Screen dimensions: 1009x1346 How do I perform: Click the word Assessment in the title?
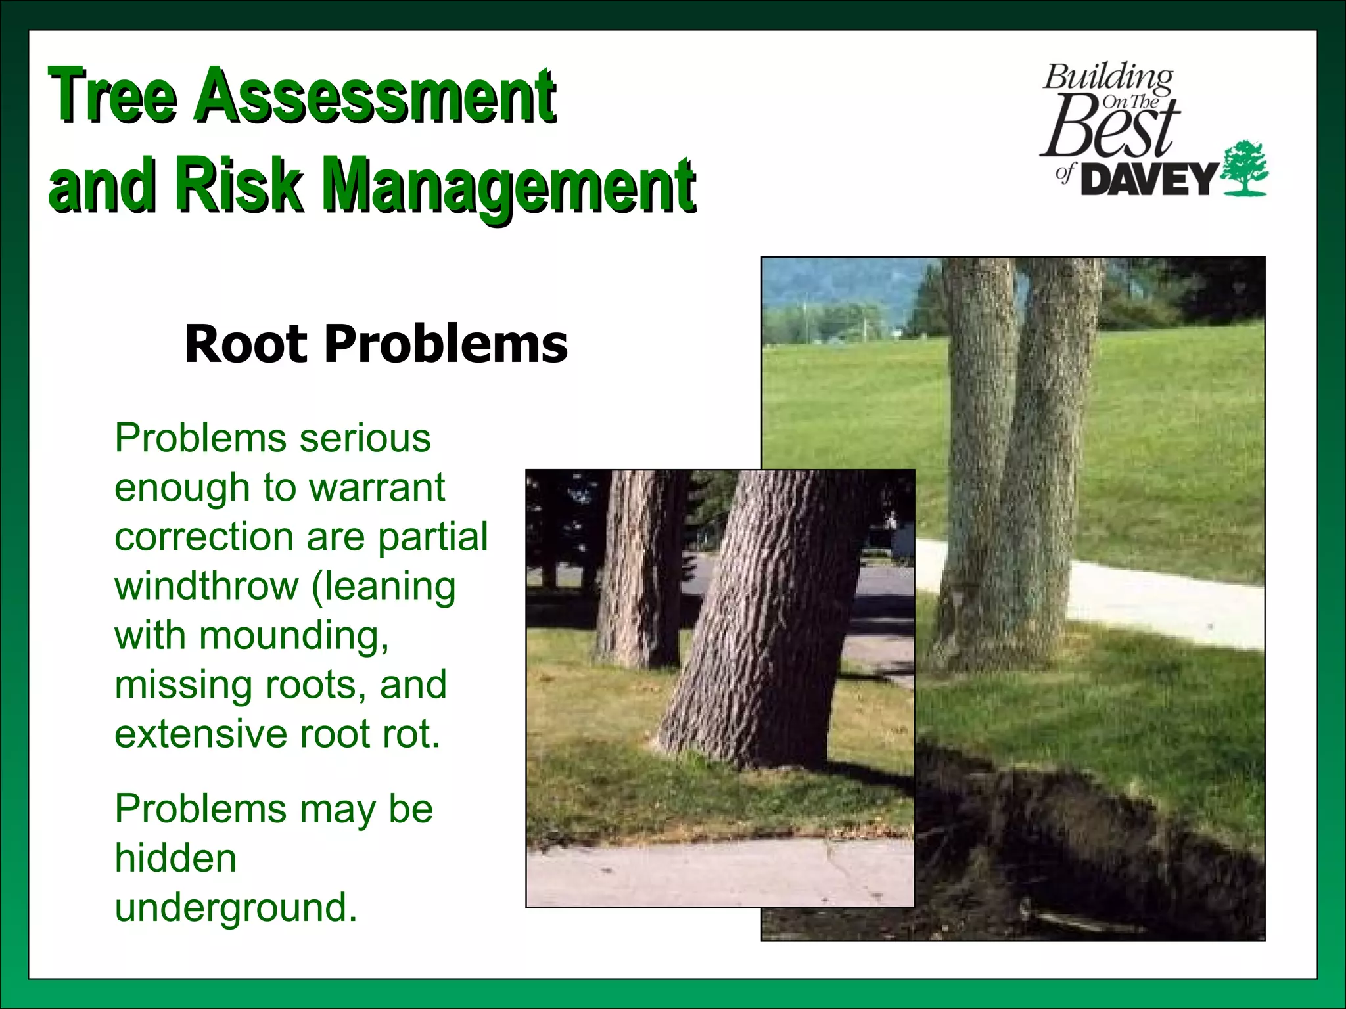pyautogui.click(x=376, y=97)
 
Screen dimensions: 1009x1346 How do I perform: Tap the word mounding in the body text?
pyautogui.click(x=292, y=636)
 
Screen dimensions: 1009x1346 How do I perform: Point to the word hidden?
pyautogui.click(x=175, y=858)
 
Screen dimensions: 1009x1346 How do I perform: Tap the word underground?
pyautogui.click(x=235, y=907)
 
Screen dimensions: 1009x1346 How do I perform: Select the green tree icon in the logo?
pyautogui.click(x=1243, y=168)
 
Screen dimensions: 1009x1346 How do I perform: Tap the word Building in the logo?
pyautogui.click(x=1108, y=79)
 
